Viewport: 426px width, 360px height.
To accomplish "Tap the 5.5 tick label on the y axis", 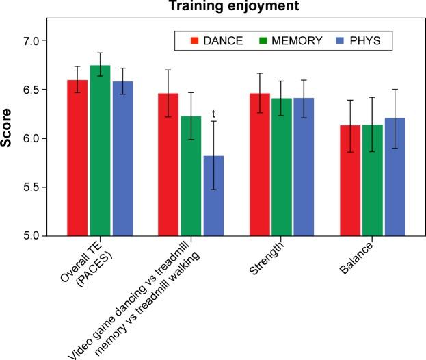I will pos(35,188).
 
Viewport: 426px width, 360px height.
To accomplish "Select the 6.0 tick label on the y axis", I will pos(35,139).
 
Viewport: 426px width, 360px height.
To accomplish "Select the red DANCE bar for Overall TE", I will pos(77,157).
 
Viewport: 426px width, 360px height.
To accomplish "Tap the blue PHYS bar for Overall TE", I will pos(122,158).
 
